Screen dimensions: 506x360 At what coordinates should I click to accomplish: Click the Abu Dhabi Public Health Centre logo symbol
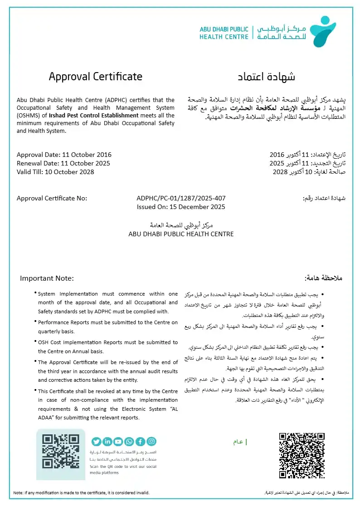(x=328, y=31)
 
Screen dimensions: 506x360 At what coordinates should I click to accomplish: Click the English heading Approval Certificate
(x=95, y=77)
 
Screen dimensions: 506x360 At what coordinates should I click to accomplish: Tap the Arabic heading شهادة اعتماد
(x=267, y=77)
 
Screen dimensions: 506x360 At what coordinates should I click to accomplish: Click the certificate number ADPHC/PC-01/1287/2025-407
(x=181, y=199)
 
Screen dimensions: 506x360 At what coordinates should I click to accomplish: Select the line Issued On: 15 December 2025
(x=181, y=207)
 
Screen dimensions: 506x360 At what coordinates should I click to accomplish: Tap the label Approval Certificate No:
(x=52, y=199)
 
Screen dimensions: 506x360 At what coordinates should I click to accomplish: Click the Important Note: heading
(x=46, y=278)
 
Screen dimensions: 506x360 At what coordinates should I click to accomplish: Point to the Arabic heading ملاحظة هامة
(x=324, y=278)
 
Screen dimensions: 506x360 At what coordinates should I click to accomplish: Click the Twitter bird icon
(x=96, y=442)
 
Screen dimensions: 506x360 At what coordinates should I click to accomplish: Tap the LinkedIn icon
(x=107, y=442)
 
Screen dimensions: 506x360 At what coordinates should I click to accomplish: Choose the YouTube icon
(x=118, y=442)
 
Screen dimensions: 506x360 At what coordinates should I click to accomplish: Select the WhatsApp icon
(x=129, y=442)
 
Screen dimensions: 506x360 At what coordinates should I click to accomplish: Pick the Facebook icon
(x=140, y=442)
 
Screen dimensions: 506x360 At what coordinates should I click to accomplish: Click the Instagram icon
(x=151, y=442)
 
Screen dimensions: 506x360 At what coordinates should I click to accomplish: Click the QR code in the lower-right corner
(x=302, y=455)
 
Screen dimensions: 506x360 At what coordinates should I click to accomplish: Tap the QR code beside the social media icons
(x=60, y=452)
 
